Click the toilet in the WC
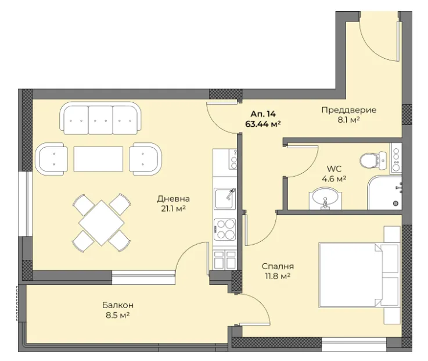[x=373, y=161]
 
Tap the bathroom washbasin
[x=325, y=199]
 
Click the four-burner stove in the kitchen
[x=225, y=229]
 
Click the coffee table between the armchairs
[x=98, y=159]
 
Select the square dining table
[x=102, y=223]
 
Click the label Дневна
[x=173, y=199]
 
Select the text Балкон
[x=118, y=305]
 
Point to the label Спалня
[x=278, y=266]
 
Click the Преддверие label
[x=349, y=110]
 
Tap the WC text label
[x=334, y=169]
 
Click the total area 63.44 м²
[x=263, y=124]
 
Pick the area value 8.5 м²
[x=118, y=315]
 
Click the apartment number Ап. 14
[x=263, y=114]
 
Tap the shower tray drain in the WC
[x=396, y=203]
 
